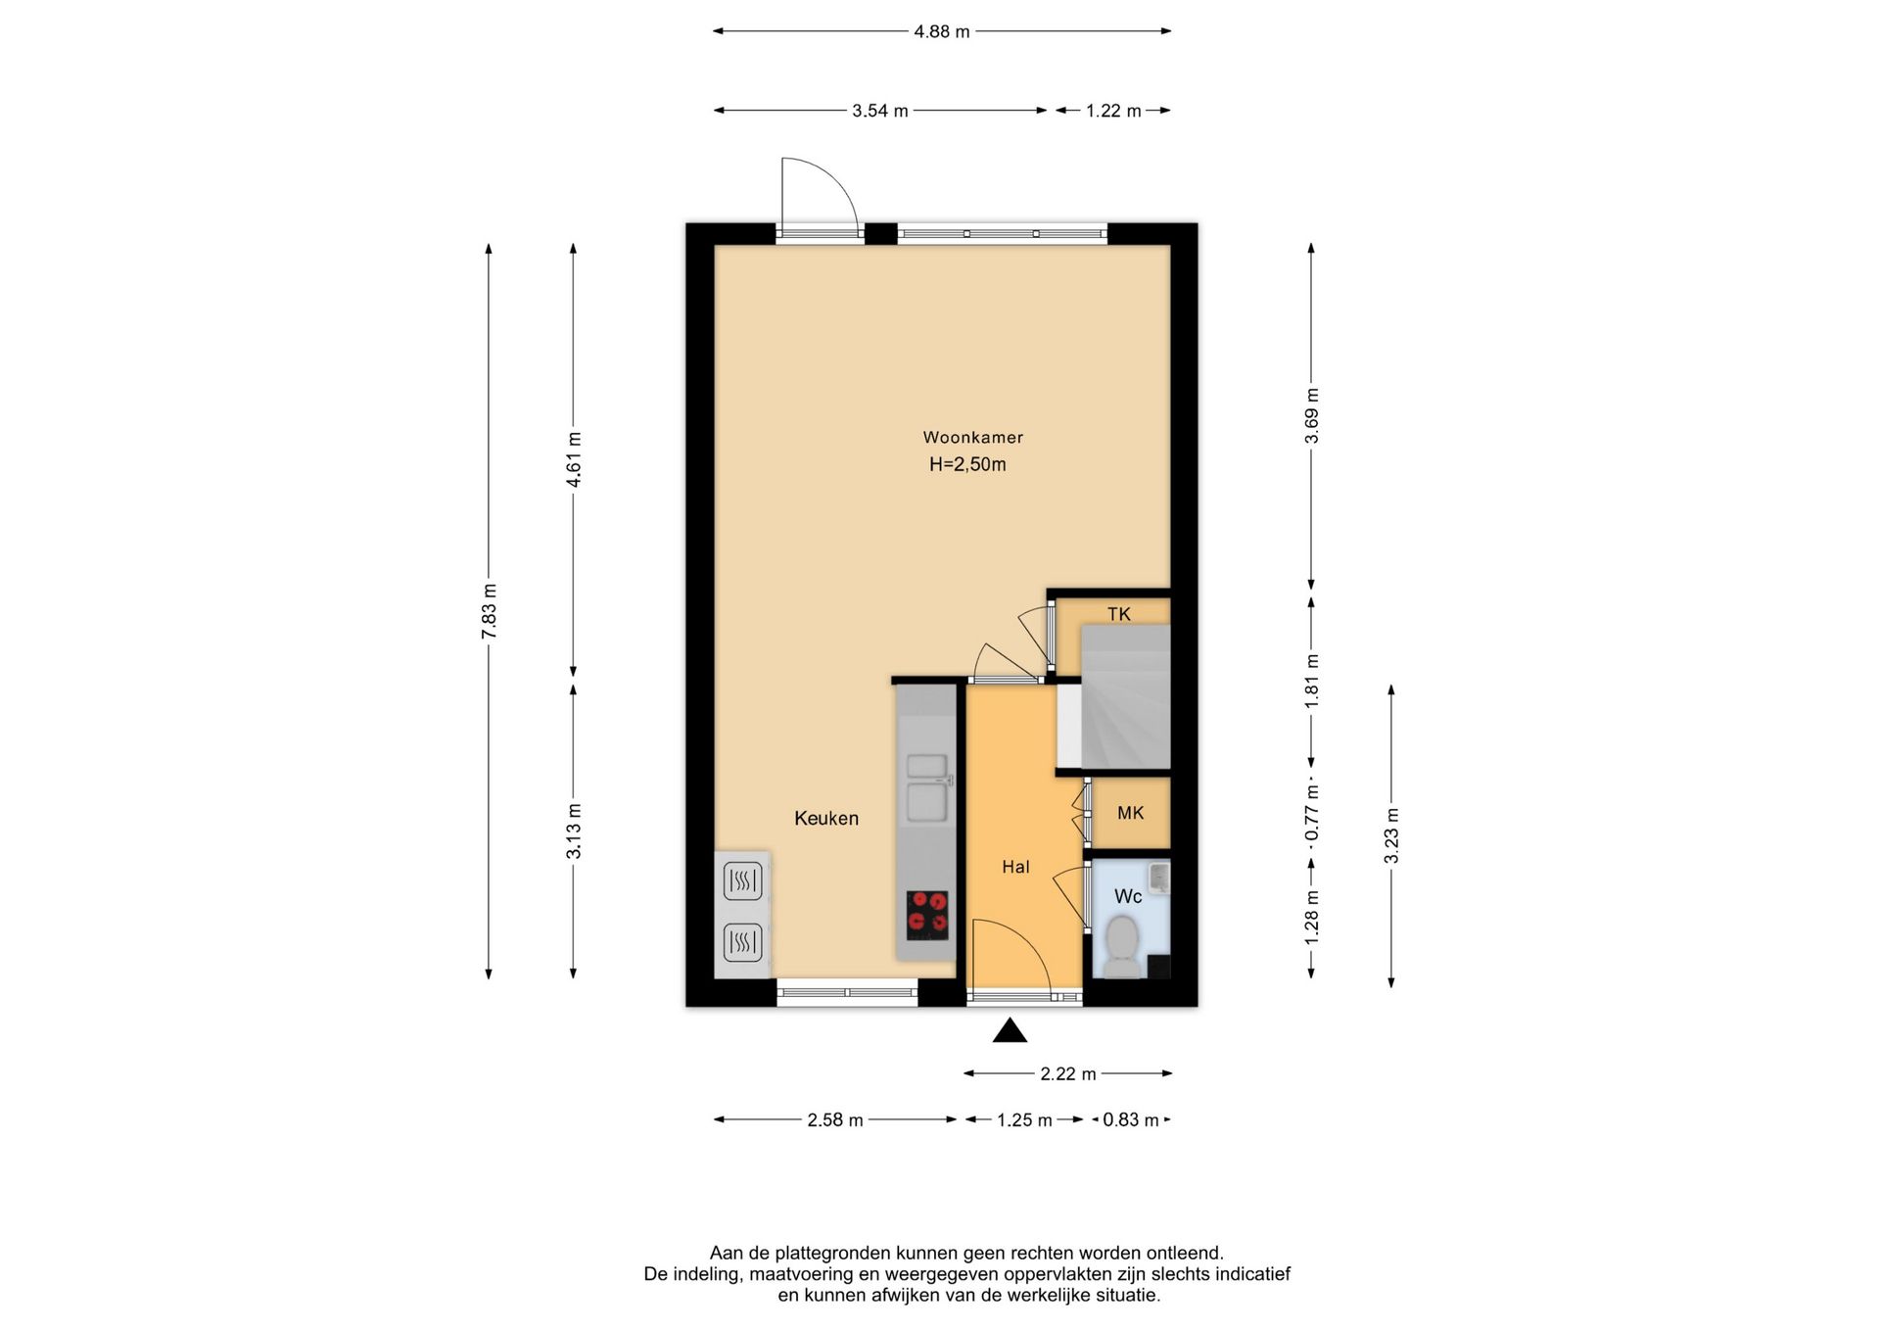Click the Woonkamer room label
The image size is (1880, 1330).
pyautogui.click(x=972, y=438)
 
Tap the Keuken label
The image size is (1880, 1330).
pyautogui.click(x=826, y=819)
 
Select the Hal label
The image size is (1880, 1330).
pyautogui.click(x=1015, y=867)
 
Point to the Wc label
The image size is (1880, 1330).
pyautogui.click(x=1128, y=896)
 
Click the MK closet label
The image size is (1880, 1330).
pyautogui.click(x=1131, y=813)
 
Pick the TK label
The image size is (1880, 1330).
pyautogui.click(x=1119, y=614)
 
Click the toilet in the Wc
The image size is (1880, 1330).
pyautogui.click(x=1122, y=946)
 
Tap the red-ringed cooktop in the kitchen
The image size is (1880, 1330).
pyautogui.click(x=927, y=914)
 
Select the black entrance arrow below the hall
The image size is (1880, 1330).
pyautogui.click(x=1010, y=1030)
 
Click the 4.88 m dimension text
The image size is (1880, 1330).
pyautogui.click(x=942, y=31)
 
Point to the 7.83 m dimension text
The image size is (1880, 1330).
pyautogui.click(x=490, y=611)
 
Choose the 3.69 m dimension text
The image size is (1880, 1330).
pyautogui.click(x=1312, y=415)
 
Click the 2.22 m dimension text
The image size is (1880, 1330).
pyautogui.click(x=1068, y=1074)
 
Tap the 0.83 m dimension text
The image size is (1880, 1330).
pyautogui.click(x=1131, y=1120)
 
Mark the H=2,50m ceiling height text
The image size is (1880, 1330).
pyautogui.click(x=967, y=465)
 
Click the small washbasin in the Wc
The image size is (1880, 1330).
pyautogui.click(x=1159, y=877)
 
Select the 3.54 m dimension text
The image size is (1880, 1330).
pyautogui.click(x=880, y=111)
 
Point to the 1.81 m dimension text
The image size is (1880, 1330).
pyautogui.click(x=1312, y=681)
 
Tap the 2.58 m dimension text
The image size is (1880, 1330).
pyautogui.click(x=835, y=1120)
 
